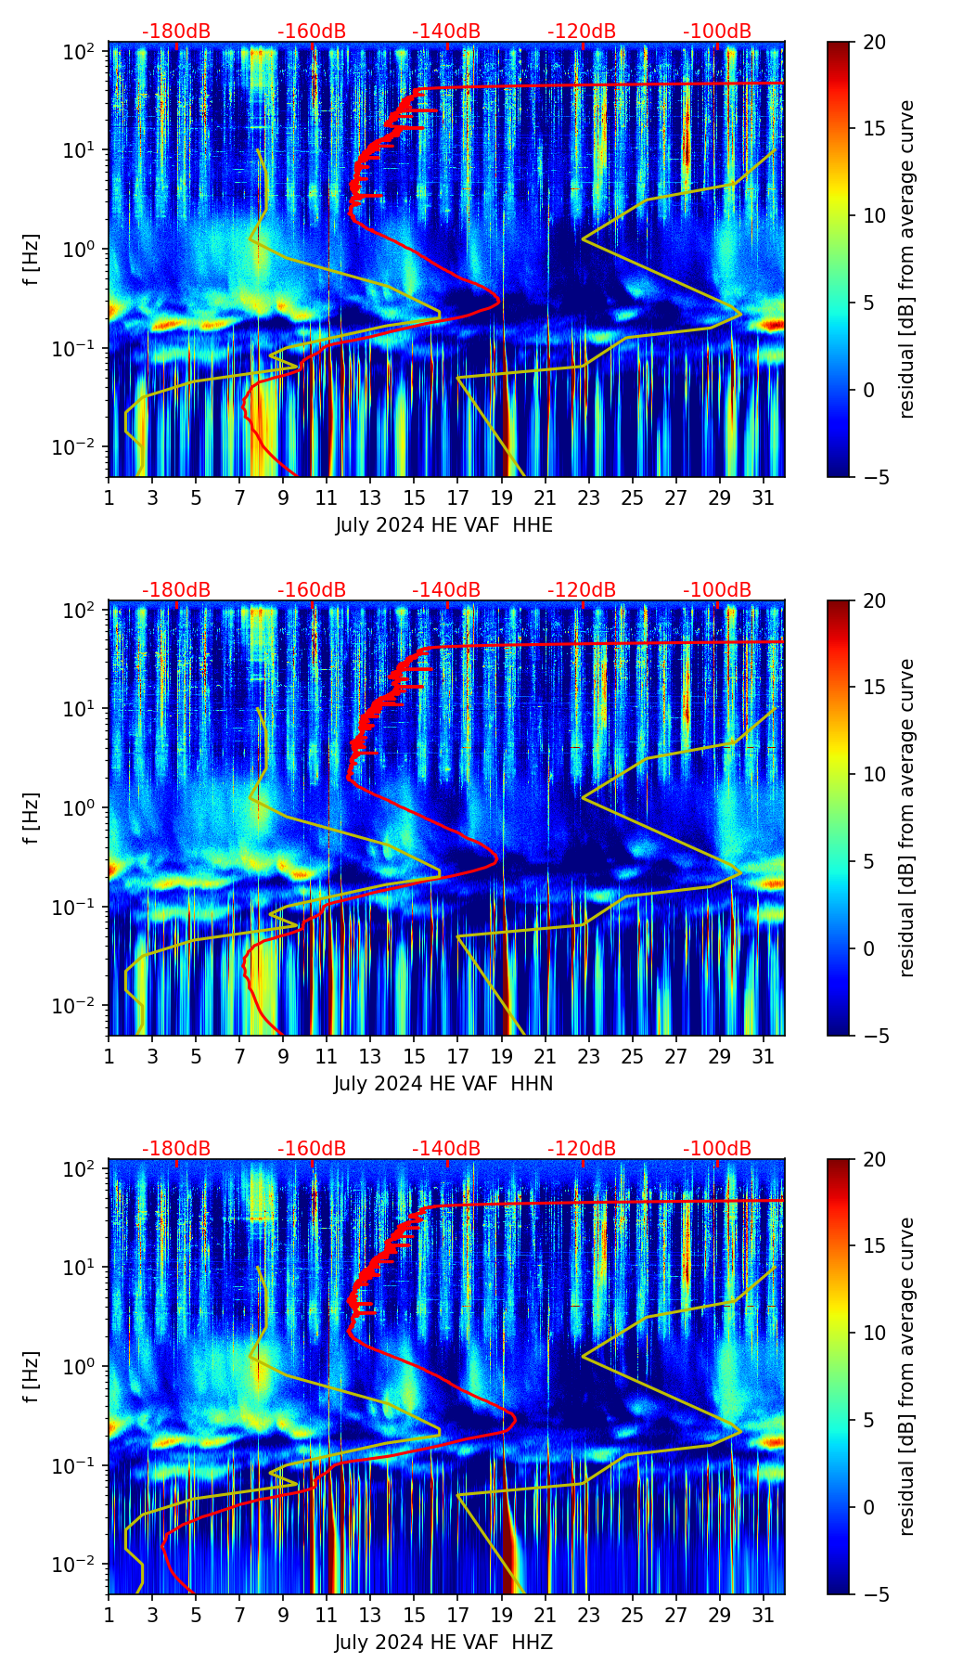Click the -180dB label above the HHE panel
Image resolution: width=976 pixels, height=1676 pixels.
(176, 32)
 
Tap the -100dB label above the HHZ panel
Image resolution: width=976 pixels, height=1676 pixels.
(717, 1149)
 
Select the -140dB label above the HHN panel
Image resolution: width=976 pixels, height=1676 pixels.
(446, 590)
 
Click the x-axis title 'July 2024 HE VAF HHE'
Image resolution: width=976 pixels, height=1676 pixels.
(443, 525)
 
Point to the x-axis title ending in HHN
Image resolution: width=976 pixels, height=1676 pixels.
(443, 1084)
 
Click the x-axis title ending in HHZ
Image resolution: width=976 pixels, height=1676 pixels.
(443, 1643)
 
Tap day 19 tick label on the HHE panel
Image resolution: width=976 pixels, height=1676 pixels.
(502, 497)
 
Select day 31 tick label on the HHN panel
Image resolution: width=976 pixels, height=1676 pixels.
(764, 1056)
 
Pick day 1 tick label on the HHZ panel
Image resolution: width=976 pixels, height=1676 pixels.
(109, 1615)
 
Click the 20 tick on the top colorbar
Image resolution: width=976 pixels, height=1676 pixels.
(873, 42)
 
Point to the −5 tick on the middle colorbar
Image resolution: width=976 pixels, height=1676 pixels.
(873, 1035)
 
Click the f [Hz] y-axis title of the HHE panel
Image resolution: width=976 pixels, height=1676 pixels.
(32, 260)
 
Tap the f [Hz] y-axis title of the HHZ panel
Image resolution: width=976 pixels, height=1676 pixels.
(32, 1377)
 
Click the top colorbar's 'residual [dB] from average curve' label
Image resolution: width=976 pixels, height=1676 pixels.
(906, 260)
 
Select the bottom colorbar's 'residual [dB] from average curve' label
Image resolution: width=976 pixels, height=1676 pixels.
(906, 1377)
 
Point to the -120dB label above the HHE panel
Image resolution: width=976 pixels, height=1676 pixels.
(582, 32)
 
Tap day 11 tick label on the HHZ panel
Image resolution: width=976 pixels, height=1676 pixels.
(327, 1615)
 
